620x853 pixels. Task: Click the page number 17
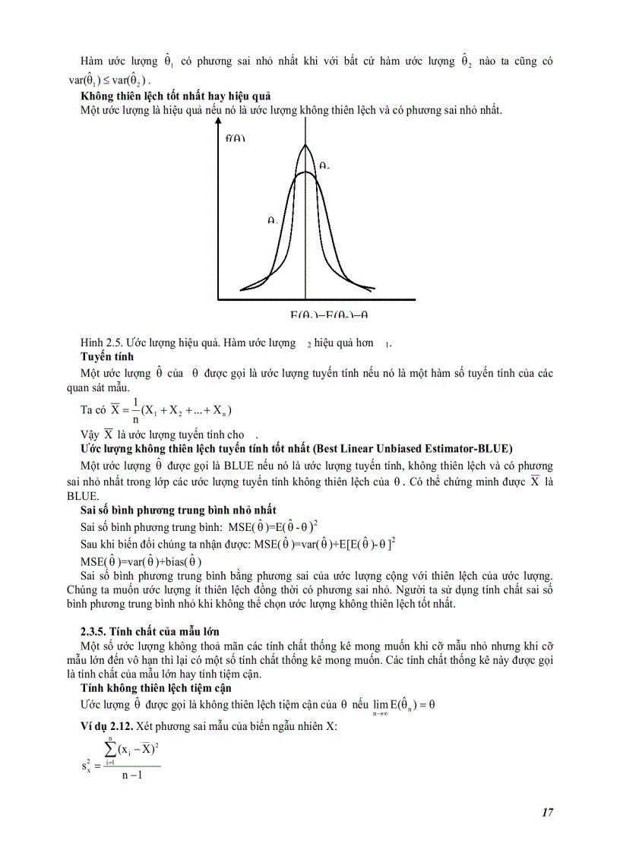(x=547, y=813)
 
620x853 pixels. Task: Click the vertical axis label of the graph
(x=236, y=138)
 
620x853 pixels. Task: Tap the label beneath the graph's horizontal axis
(x=334, y=315)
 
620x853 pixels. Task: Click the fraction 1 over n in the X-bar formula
(x=135, y=409)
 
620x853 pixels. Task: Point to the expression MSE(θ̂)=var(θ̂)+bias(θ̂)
(x=141, y=561)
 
